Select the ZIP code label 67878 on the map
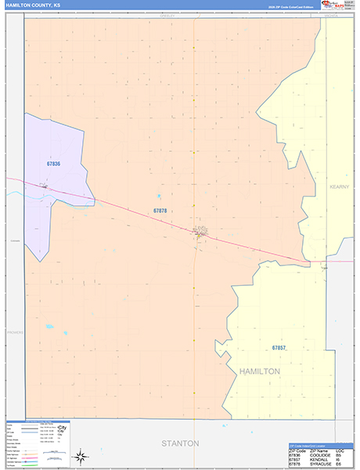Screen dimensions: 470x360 [160, 211]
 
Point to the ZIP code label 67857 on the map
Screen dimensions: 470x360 [279, 347]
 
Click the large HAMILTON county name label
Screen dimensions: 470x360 [259, 371]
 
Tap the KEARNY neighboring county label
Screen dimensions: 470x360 [339, 186]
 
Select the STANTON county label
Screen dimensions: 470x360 [180, 443]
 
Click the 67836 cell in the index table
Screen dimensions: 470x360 [295, 452]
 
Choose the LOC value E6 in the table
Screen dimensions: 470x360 [340, 465]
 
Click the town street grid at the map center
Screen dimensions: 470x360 [200, 231]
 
